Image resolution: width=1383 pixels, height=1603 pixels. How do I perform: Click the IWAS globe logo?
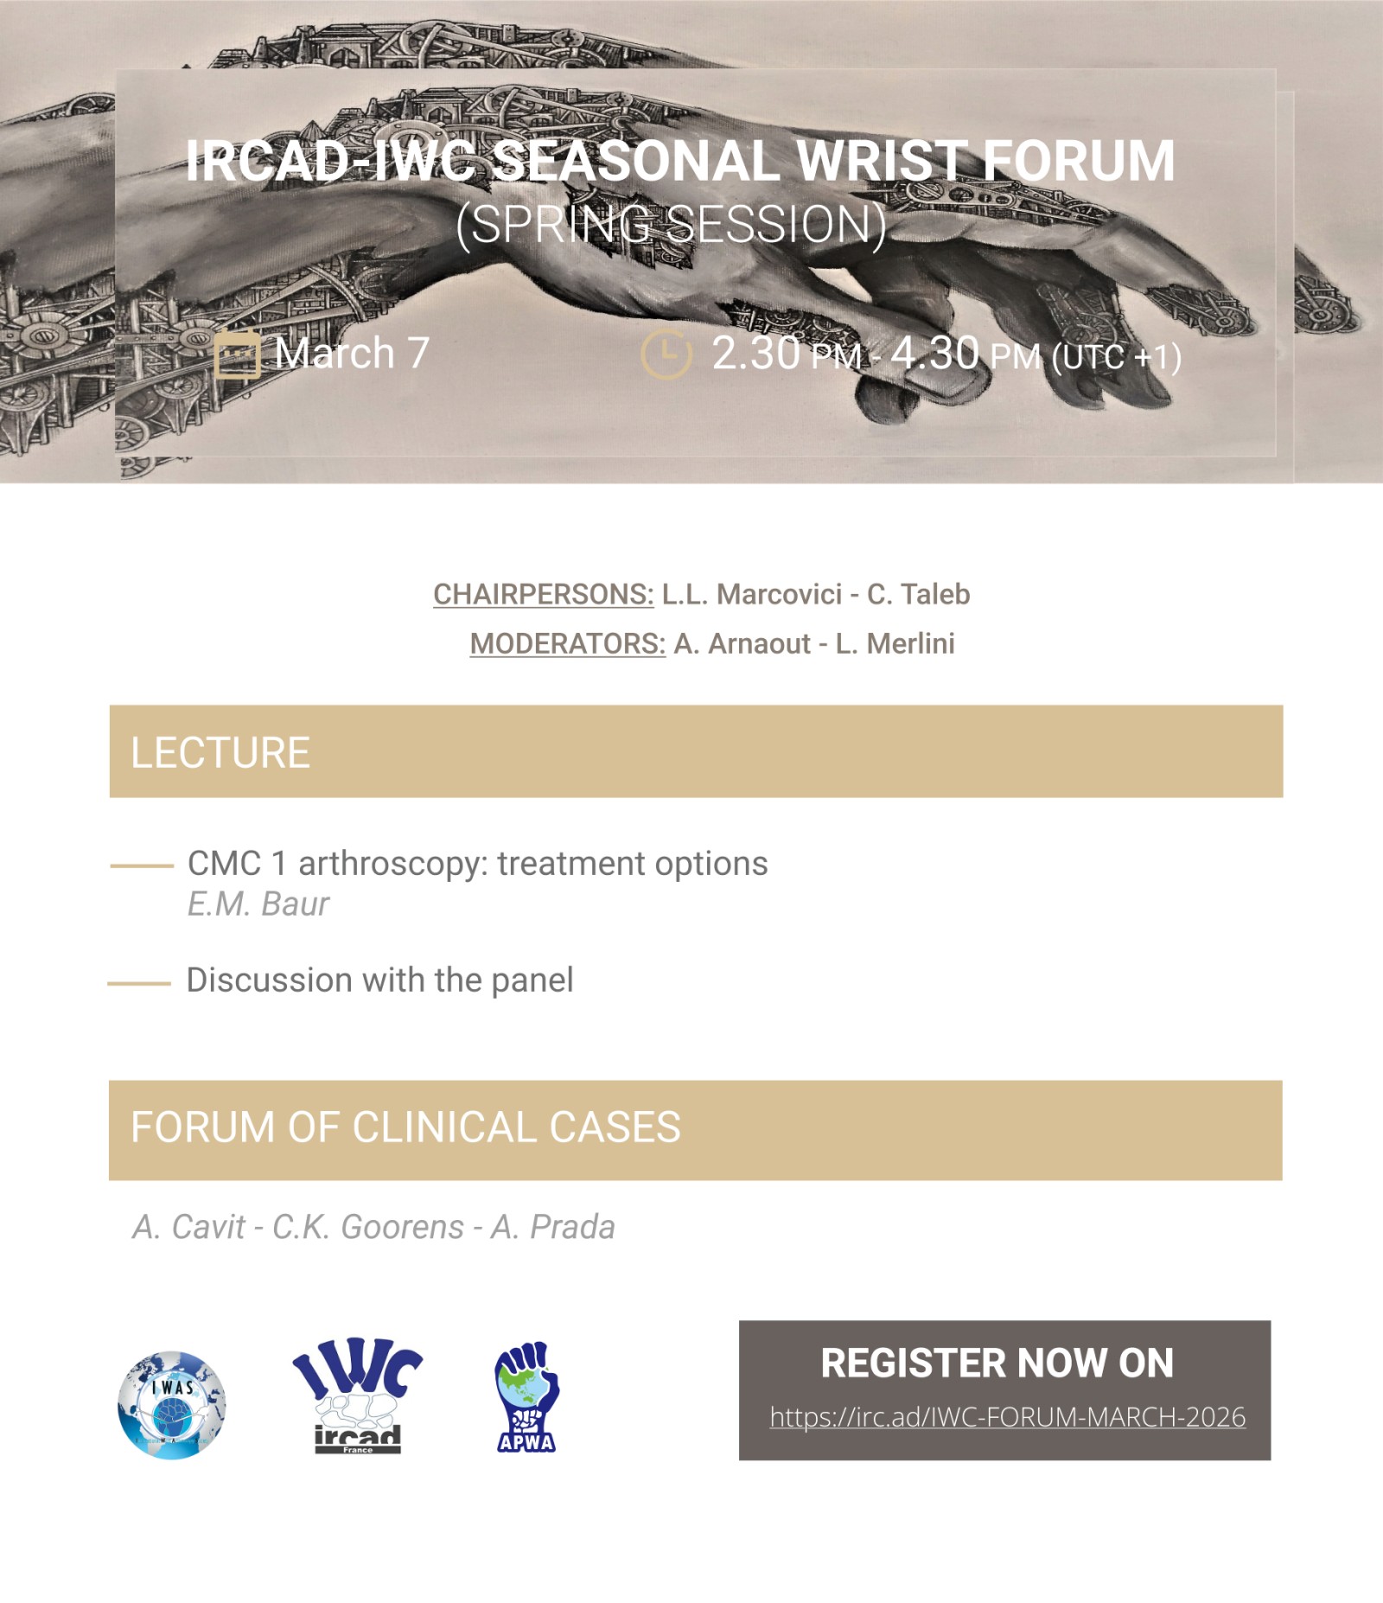click(x=172, y=1405)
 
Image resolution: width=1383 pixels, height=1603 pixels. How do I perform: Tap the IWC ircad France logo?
click(x=357, y=1395)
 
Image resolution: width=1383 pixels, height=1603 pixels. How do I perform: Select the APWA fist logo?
click(x=526, y=1396)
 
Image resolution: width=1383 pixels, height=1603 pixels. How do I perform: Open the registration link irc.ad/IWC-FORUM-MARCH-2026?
click(x=1007, y=1417)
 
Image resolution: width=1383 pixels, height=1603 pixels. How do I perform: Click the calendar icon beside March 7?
click(x=237, y=354)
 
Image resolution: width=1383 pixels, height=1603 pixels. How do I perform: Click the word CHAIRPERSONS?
click(x=544, y=595)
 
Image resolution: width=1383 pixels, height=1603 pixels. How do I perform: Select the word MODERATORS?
click(x=568, y=644)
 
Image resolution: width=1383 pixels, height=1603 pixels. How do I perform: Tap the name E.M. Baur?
click(x=258, y=904)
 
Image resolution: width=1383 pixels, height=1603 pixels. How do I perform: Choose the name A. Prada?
click(x=553, y=1227)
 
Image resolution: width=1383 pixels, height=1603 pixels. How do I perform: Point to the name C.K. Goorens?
click(x=368, y=1227)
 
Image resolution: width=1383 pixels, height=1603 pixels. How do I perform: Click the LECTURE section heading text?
click(x=220, y=753)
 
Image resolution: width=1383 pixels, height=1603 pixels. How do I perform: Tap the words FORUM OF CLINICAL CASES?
click(x=406, y=1127)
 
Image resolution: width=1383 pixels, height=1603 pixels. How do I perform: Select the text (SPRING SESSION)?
click(x=672, y=225)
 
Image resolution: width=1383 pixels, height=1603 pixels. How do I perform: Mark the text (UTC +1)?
click(x=1116, y=357)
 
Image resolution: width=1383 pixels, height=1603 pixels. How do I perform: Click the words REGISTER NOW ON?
click(x=997, y=1364)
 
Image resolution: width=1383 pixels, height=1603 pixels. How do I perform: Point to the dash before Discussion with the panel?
click(x=139, y=984)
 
